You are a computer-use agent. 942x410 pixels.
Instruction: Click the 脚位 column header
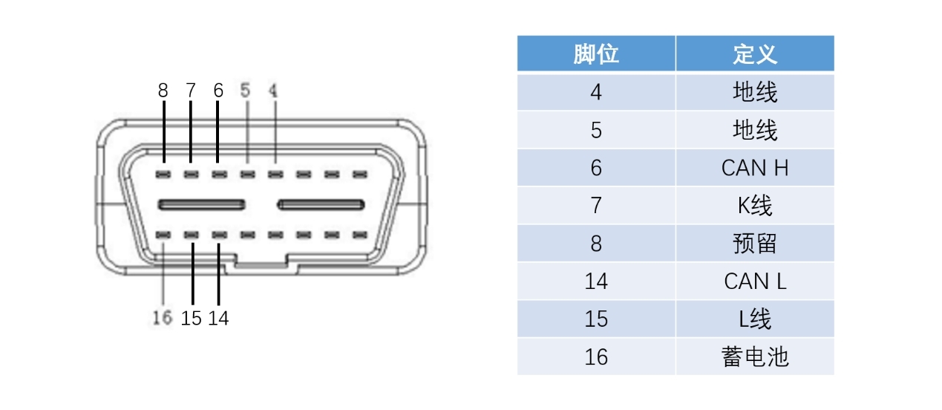596,54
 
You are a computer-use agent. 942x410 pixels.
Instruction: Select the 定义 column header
754,54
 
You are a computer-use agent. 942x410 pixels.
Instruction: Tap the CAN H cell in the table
754,168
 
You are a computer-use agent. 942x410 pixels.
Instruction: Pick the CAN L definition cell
754,281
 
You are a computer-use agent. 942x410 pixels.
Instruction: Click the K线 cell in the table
754,206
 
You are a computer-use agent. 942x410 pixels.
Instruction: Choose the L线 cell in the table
754,319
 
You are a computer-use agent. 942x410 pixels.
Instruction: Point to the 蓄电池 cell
754,357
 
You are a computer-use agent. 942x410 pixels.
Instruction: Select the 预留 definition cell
754,243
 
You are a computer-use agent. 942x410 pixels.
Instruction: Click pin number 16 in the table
596,357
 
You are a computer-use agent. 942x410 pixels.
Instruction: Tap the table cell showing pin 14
596,281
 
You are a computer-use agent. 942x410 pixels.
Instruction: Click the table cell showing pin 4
596,92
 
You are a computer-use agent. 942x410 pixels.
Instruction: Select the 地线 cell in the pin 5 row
754,130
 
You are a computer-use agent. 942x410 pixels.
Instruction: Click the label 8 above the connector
163,91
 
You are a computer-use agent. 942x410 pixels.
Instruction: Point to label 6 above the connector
218,91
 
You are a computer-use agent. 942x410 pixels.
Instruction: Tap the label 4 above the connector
273,91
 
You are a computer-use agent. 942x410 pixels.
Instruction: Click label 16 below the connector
163,318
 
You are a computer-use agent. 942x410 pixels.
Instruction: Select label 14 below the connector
218,318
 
